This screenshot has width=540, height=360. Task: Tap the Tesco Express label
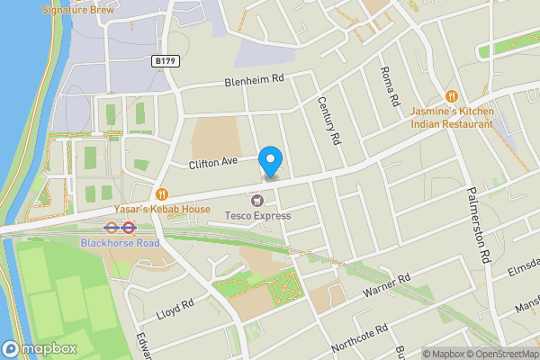[x=258, y=215]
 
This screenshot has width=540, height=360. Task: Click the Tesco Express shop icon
[x=258, y=200]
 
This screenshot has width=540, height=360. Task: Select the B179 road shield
[x=165, y=61]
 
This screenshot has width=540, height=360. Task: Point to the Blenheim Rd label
[x=254, y=80]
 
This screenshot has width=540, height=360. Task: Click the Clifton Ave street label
[x=212, y=163]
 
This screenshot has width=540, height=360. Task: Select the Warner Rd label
[x=386, y=285]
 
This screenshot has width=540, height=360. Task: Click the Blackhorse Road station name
[x=120, y=243]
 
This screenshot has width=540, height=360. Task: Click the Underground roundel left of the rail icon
[x=112, y=229]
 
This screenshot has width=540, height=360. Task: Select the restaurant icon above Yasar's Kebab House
[x=163, y=193]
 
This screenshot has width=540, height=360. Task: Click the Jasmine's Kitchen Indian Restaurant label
[x=453, y=117]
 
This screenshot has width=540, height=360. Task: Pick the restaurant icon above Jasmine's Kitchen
[x=453, y=95]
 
